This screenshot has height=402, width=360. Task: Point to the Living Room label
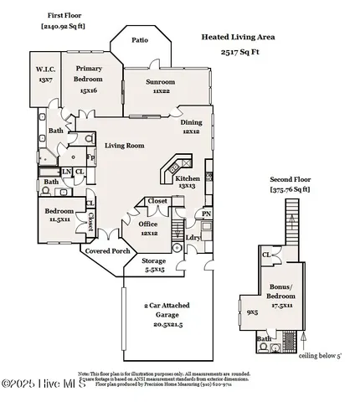click(124, 145)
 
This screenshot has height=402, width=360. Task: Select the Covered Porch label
click(103, 250)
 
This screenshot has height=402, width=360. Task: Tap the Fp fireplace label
click(90, 157)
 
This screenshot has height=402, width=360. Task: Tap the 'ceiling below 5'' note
click(321, 354)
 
